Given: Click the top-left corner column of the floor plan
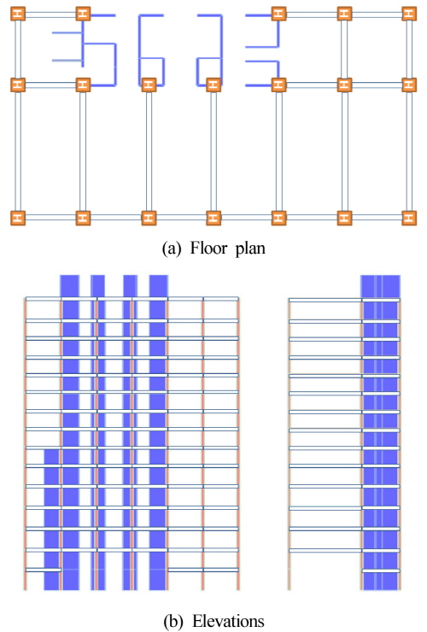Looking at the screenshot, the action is [x=18, y=14].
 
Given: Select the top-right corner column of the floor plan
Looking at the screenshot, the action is [x=409, y=14].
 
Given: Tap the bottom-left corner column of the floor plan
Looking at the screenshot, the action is [x=18, y=218].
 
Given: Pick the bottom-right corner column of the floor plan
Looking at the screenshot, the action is [x=409, y=218].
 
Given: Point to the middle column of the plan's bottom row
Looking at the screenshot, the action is [x=213, y=218].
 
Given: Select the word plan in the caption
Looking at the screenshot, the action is [x=250, y=249].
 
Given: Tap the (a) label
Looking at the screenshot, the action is [x=172, y=249].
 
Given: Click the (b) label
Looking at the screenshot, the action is [x=173, y=621].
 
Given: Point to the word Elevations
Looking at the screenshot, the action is [x=229, y=621].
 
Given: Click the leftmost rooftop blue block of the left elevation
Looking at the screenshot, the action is [x=69, y=286].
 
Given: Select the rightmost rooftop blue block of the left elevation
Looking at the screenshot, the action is [x=158, y=286].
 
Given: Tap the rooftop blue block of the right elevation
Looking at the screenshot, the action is [x=380, y=286].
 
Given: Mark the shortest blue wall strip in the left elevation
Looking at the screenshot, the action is [x=51, y=519].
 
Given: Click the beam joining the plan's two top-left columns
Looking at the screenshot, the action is [x=50, y=15].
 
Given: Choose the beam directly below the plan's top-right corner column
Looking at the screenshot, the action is [x=409, y=50].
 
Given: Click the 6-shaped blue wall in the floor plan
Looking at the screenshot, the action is [x=151, y=50].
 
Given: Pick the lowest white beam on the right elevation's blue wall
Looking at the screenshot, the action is [x=381, y=571].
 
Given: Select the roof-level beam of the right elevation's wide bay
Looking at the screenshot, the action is [x=325, y=301].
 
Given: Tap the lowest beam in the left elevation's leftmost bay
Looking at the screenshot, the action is [x=44, y=570].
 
